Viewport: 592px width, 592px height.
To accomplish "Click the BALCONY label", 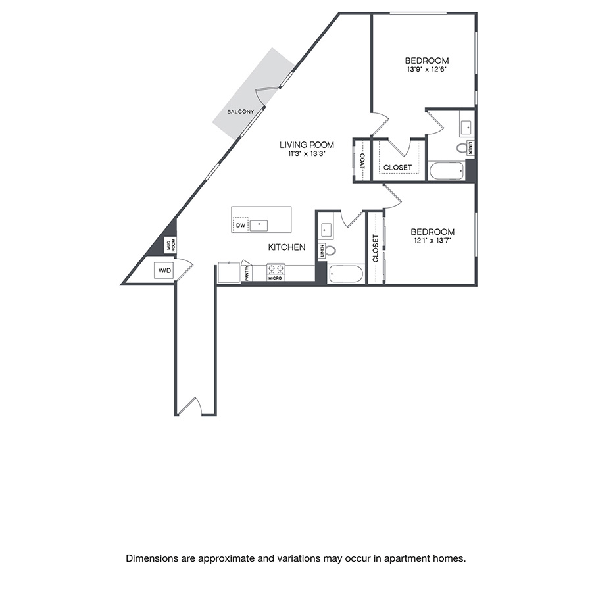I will [x=240, y=112].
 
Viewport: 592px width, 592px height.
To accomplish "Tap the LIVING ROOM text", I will [x=307, y=145].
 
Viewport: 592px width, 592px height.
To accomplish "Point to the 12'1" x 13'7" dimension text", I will [x=432, y=241].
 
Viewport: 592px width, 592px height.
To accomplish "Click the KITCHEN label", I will [x=286, y=247].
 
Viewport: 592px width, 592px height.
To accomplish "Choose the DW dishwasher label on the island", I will [x=240, y=225].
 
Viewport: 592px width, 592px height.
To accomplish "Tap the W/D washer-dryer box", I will [x=163, y=270].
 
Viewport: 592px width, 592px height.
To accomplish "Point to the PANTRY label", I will [x=247, y=272].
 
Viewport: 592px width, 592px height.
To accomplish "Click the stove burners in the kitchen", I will [x=275, y=269].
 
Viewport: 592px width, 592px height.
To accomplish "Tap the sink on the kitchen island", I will [x=260, y=224].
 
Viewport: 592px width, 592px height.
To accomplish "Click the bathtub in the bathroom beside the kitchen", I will [x=345, y=274].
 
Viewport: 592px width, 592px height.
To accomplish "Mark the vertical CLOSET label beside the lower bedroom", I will [x=376, y=249].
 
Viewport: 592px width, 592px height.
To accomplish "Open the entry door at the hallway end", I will [x=189, y=407].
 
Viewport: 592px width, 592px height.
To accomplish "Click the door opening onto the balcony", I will [x=263, y=96].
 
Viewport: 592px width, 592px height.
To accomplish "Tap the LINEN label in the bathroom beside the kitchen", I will [x=322, y=251].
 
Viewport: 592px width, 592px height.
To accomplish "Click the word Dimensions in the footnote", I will [x=151, y=558].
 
